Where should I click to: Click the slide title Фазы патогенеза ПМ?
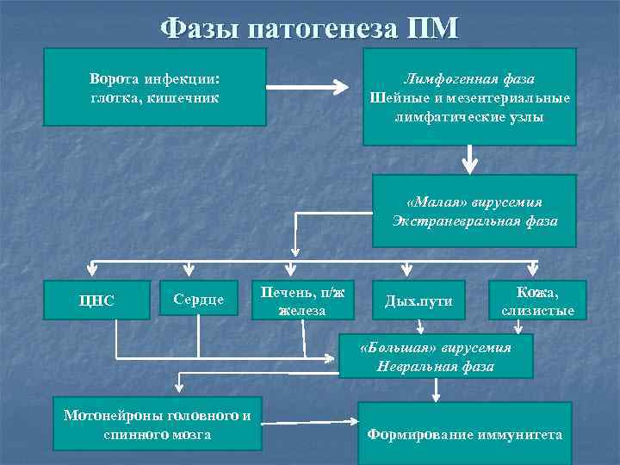pos(309,28)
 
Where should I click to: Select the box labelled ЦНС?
pos(96,301)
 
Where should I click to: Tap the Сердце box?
pos(198,299)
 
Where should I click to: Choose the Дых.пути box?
pos(418,301)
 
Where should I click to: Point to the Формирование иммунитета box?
pos(465,434)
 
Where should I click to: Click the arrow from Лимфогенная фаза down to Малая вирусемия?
pos(469,158)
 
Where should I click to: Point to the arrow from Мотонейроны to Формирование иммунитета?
pos(310,422)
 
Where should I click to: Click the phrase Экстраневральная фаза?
pos(474,221)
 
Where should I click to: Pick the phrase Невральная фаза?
pos(435,367)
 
